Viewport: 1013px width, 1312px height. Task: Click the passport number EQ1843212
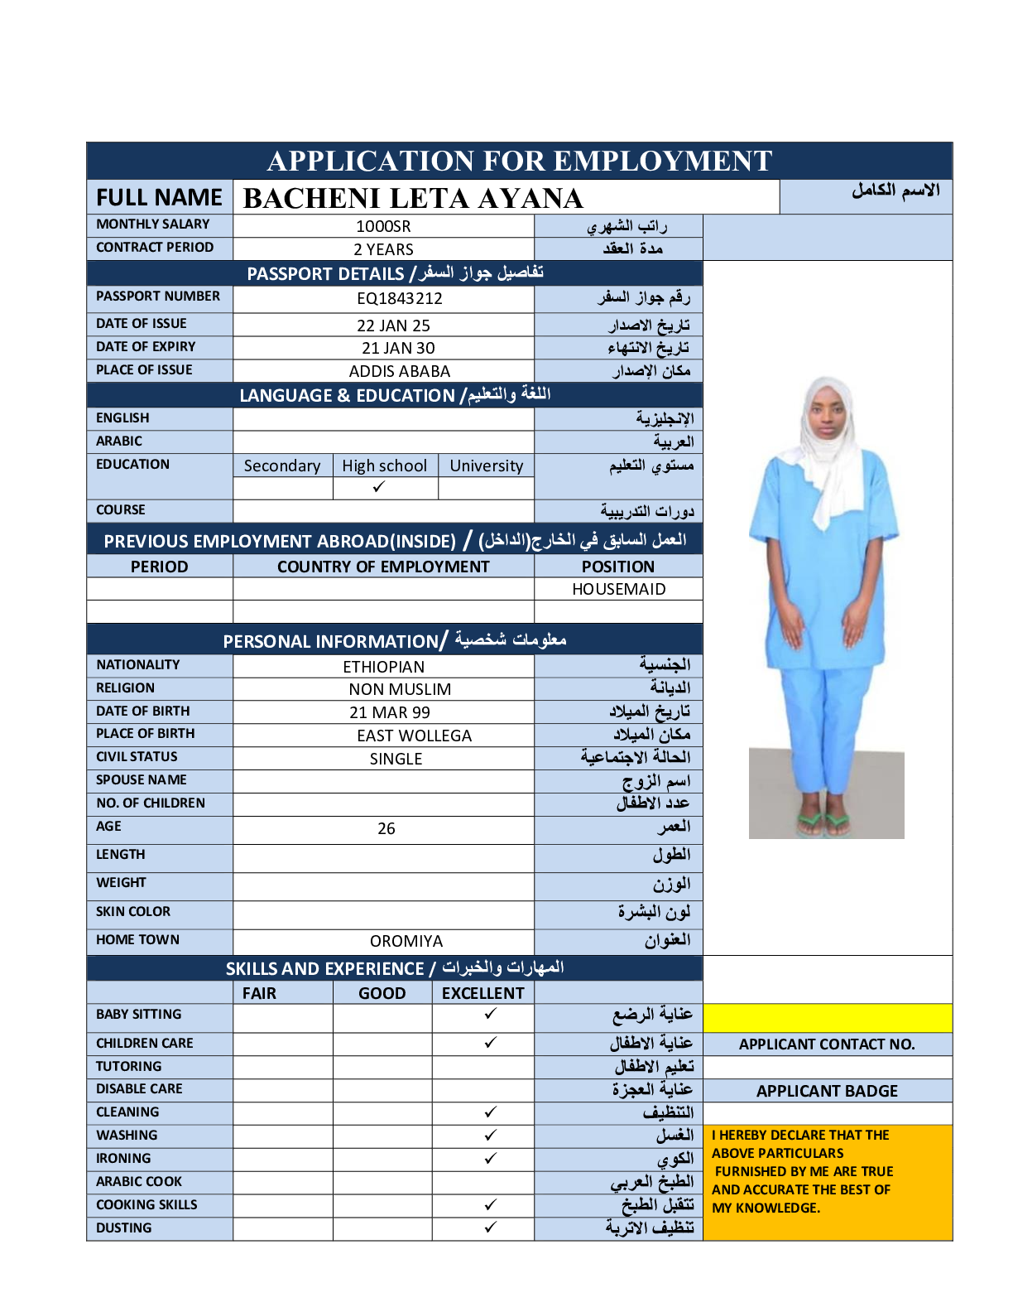point(400,298)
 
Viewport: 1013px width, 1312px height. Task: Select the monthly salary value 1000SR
point(383,226)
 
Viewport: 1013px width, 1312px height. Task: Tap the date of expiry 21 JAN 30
point(398,348)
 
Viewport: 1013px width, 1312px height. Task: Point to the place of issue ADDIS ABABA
point(400,371)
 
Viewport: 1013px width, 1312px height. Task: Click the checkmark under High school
point(379,487)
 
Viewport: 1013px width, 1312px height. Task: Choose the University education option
point(486,465)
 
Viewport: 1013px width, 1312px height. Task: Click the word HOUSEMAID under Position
point(618,589)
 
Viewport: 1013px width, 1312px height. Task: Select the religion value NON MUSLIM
point(400,689)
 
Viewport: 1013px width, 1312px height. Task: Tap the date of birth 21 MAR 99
point(390,712)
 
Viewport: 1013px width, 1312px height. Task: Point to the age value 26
point(386,828)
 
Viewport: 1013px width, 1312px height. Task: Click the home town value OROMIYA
point(406,941)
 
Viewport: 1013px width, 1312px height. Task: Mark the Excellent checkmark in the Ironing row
point(491,1158)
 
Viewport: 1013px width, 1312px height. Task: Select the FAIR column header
point(259,993)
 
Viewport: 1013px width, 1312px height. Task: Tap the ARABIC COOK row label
point(139,1181)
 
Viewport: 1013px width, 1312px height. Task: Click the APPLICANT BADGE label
point(827,1091)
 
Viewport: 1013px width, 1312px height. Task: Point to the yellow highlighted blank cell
point(827,1017)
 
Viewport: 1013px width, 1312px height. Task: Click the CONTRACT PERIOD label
point(155,247)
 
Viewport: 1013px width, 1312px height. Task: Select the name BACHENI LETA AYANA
point(413,199)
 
